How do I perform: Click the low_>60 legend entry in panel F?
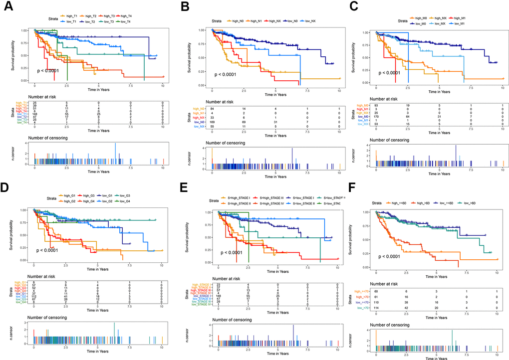point(475,203)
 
